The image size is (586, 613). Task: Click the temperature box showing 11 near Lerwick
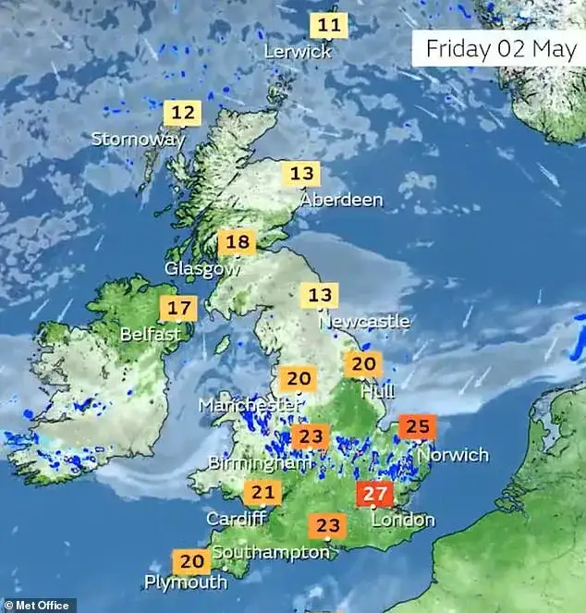pos(329,25)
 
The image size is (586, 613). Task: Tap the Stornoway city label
pos(138,139)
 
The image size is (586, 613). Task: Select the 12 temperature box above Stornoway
pos(183,114)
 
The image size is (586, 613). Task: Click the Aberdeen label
pos(341,199)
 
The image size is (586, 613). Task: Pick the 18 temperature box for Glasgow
pos(237,243)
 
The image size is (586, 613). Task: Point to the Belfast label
pos(150,334)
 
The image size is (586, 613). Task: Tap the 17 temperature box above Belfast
pos(178,308)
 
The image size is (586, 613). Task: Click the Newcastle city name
pos(363,321)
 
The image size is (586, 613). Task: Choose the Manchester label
pos(250,405)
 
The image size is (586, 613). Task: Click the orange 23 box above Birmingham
pos(311,435)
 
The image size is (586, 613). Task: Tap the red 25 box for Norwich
pos(418,427)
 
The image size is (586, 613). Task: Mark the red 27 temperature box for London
pos(377,493)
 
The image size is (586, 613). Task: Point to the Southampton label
pos(270,552)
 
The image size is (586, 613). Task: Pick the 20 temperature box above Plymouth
pos(191,560)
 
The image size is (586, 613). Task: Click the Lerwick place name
pos(297,52)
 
